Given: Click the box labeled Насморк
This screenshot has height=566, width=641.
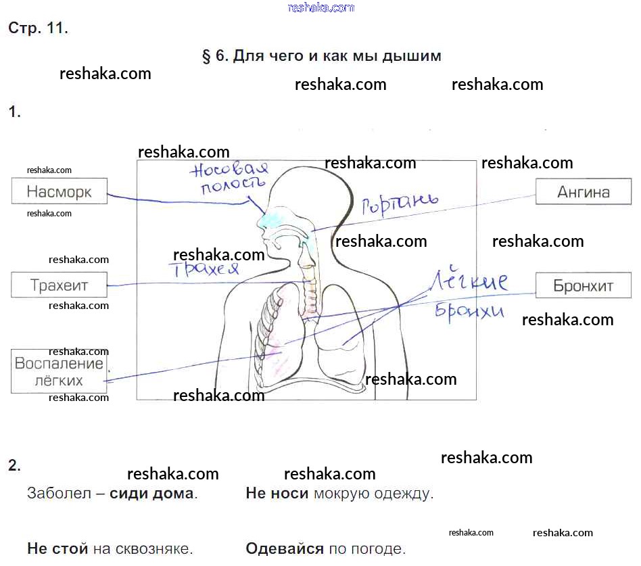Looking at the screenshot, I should (60, 191).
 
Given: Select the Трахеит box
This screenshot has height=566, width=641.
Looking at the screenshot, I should (59, 285).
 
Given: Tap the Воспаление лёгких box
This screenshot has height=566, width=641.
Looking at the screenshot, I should (59, 371).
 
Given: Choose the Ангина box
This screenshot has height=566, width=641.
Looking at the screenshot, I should (583, 192).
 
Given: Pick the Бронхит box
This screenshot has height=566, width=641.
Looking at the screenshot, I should (583, 285).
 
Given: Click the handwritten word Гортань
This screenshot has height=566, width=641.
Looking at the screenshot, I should (399, 204).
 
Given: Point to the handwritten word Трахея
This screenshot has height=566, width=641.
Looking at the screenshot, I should (206, 268).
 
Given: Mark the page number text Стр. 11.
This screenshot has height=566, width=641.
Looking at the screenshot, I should (38, 28).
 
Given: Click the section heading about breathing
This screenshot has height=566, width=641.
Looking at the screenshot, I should (321, 56).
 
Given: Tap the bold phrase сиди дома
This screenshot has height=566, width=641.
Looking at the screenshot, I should (151, 493).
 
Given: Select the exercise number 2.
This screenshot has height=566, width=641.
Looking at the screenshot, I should (14, 465).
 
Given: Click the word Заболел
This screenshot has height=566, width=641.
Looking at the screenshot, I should (58, 493).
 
